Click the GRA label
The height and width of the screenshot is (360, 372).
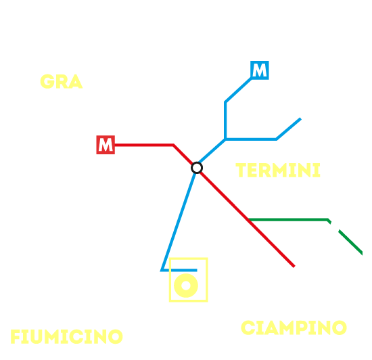61,82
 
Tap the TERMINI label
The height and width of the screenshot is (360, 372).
278,170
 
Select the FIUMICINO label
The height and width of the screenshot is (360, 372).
66,336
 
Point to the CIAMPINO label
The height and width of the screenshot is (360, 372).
294,328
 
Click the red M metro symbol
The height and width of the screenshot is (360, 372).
106,145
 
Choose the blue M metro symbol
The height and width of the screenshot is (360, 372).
260,70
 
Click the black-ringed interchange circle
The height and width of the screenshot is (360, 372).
197,168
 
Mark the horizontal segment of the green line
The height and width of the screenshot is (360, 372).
287,220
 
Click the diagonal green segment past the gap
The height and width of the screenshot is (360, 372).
350,242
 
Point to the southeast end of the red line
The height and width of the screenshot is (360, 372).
294,267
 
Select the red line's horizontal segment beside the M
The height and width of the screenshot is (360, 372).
144,145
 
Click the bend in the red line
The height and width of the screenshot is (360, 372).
174,145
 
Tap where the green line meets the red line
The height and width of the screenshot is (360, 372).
249,220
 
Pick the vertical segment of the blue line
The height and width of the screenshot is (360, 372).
225,121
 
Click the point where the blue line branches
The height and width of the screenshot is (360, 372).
225,139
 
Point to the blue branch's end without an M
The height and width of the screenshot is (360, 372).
300,118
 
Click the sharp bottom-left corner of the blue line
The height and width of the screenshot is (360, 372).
162,270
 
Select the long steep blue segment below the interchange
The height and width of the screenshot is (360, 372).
179,221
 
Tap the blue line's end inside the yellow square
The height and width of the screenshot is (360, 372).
197,270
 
